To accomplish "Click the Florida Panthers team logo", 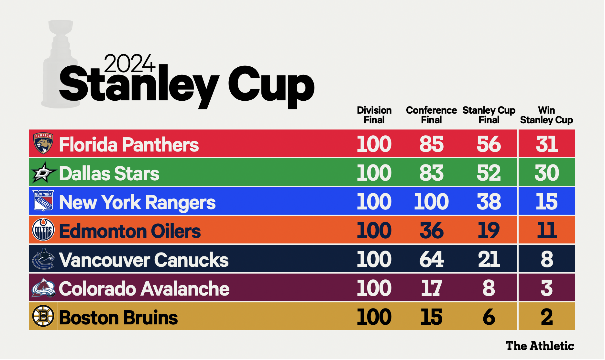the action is click(x=43, y=143).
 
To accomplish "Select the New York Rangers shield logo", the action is click(x=43, y=201).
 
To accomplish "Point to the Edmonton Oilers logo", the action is click(x=43, y=230).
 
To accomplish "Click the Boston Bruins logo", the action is click(x=43, y=316).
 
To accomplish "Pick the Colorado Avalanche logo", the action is click(x=43, y=288).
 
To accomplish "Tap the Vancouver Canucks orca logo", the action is click(x=43, y=259).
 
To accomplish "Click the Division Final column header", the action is click(x=374, y=115).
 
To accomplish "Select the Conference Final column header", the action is click(x=431, y=115).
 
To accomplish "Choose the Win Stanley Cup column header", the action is click(x=546, y=115).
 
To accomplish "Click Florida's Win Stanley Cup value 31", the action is click(x=547, y=144).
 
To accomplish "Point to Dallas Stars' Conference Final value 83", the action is click(x=432, y=173).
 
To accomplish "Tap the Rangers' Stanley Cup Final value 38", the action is click(x=489, y=202).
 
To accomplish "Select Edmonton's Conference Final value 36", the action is click(x=432, y=231).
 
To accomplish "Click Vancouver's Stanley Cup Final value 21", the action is click(x=489, y=259).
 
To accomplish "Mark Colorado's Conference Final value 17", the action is click(x=432, y=288).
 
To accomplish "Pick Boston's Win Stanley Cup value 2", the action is click(x=547, y=317).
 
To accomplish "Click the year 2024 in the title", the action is click(x=129, y=63).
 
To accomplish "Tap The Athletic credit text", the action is click(x=540, y=346).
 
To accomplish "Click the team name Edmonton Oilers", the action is click(x=130, y=231).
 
